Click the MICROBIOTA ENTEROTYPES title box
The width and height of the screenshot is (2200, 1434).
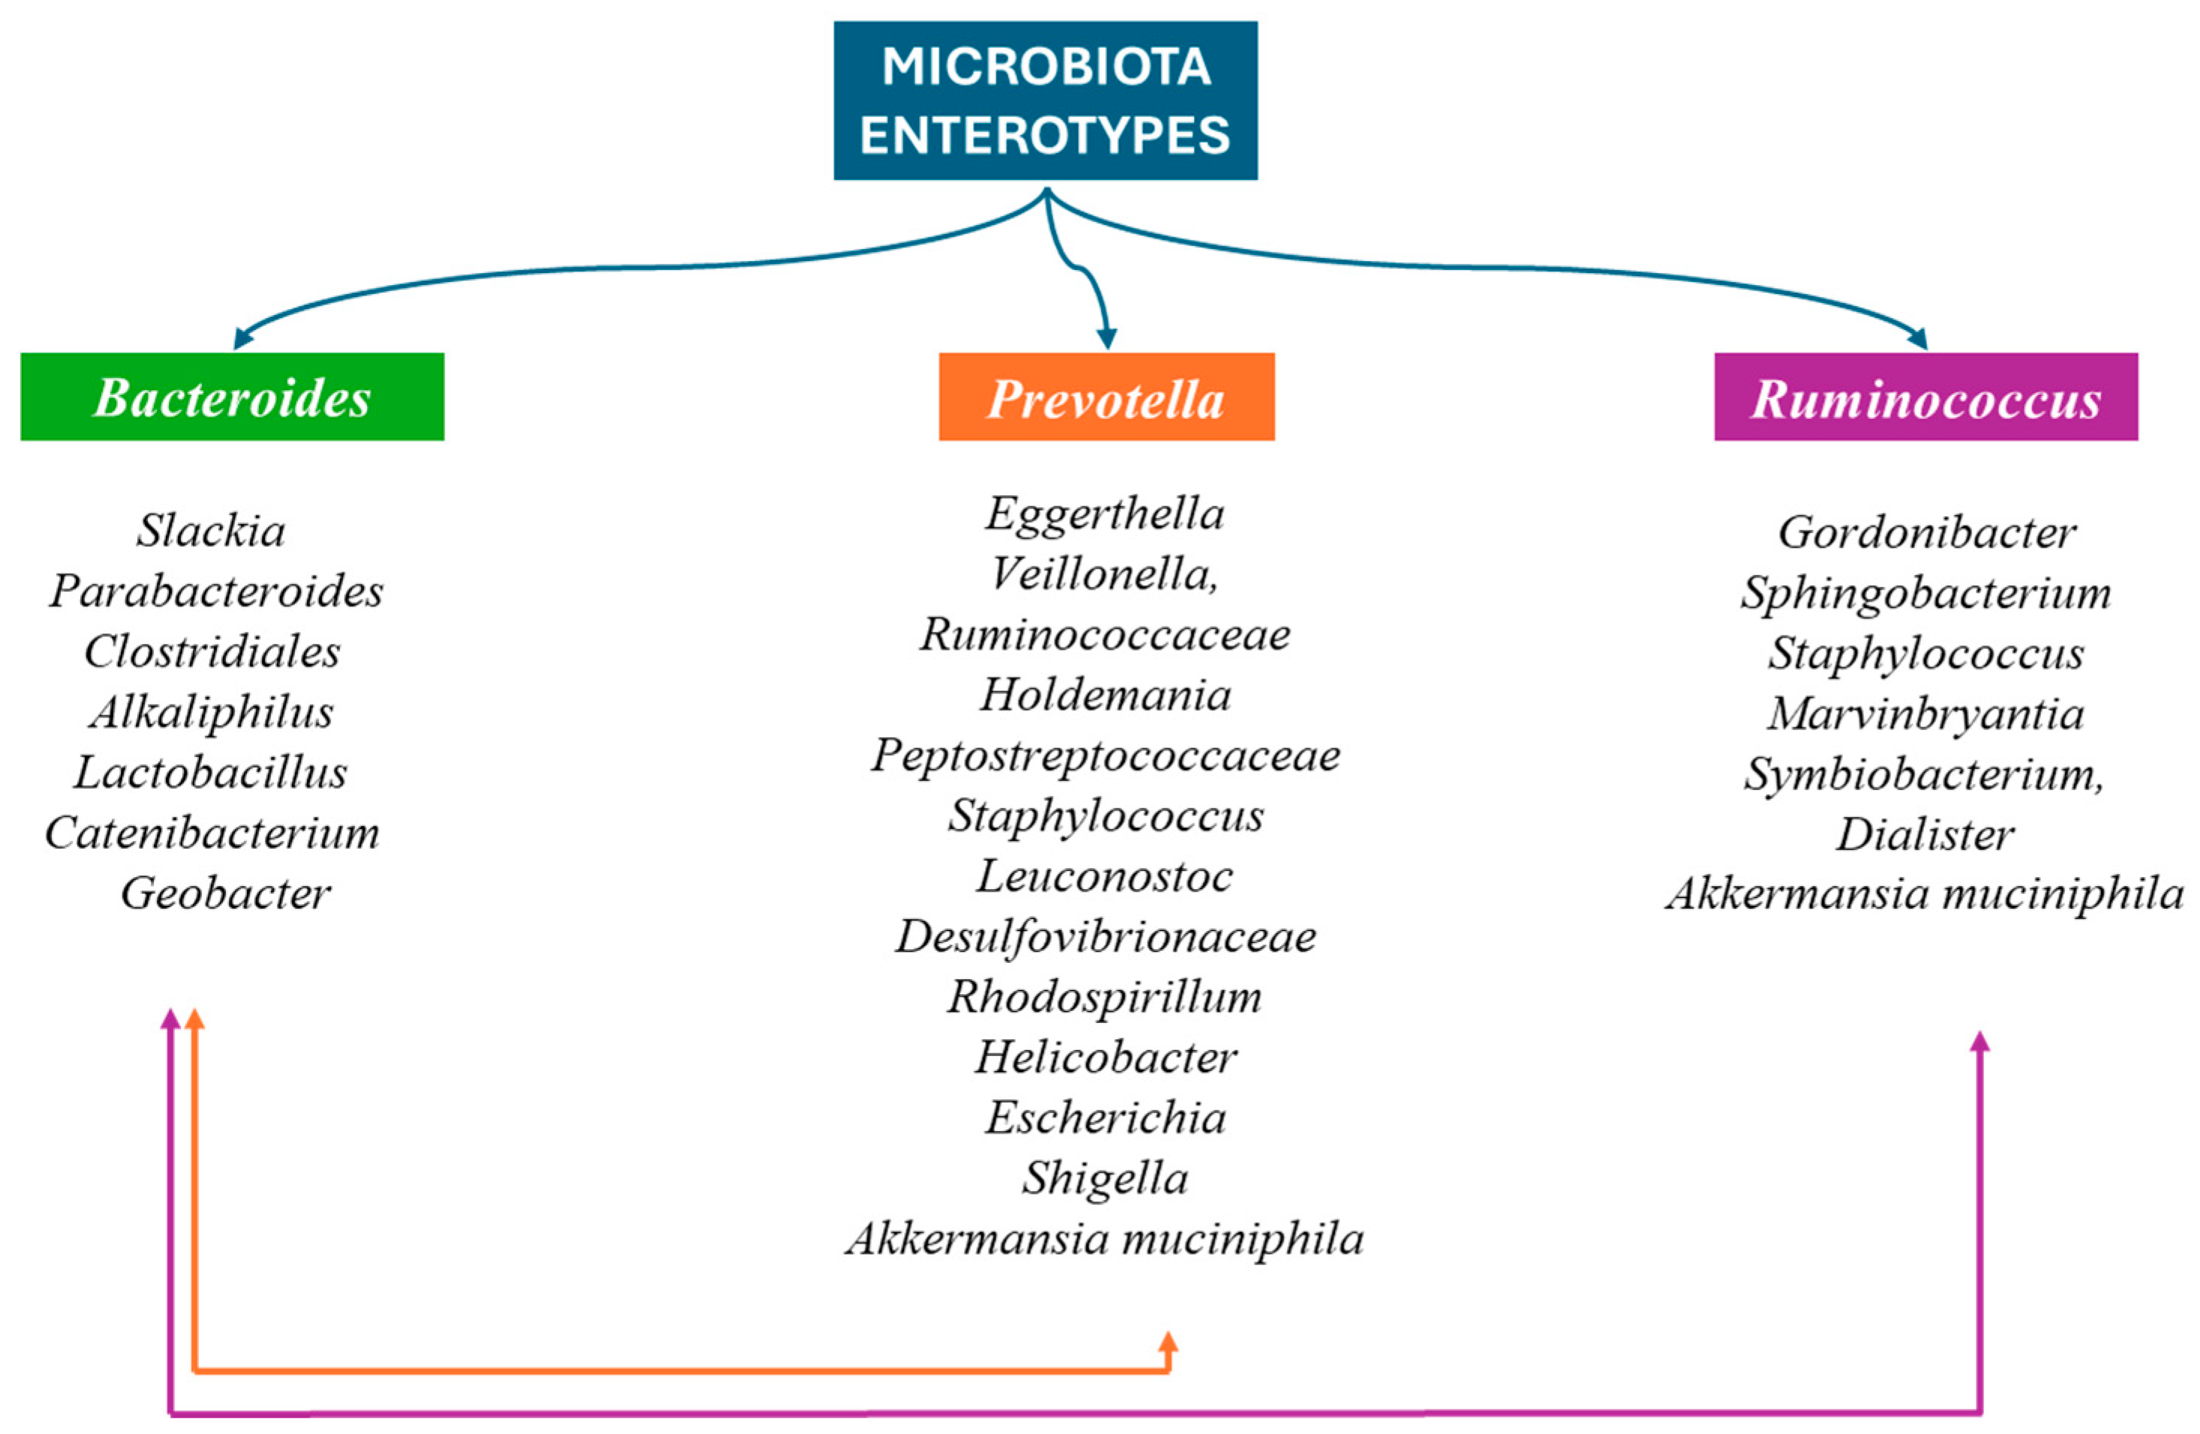[1044, 100]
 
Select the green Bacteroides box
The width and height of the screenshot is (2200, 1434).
[232, 397]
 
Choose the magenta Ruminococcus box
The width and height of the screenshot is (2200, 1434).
[1925, 398]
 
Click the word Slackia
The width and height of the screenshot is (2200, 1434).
[212, 531]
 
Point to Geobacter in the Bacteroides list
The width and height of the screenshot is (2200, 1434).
[226, 893]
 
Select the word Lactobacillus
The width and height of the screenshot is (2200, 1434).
[211, 773]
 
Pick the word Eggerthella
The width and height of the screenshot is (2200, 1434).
[1105, 514]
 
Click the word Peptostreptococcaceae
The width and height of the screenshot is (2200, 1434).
[1105, 756]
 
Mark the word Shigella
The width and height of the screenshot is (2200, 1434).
[1105, 1179]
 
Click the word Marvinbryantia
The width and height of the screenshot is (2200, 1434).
[1926, 714]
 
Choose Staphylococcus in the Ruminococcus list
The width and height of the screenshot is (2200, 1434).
[1926, 654]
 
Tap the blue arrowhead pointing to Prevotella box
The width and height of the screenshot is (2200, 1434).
[1107, 338]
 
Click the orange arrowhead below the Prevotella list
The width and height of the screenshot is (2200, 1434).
[1168, 1342]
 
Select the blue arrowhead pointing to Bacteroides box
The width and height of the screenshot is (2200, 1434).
[243, 338]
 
